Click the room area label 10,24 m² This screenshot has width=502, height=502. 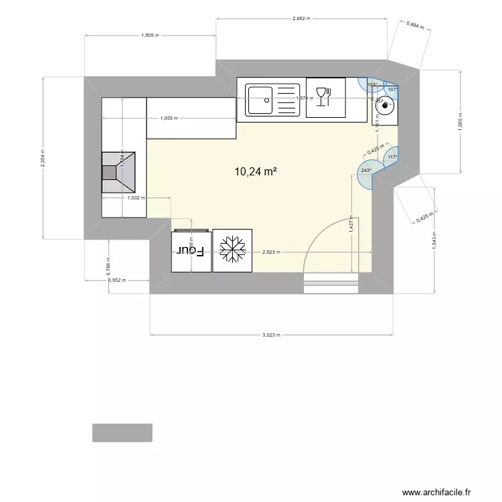256,171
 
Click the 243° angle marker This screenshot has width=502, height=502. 366,171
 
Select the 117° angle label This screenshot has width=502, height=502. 392,157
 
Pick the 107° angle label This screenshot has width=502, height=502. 392,89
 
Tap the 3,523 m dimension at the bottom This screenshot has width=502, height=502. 270,335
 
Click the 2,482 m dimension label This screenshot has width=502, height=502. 302,19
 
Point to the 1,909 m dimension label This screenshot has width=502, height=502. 150,35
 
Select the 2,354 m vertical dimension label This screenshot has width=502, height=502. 43,158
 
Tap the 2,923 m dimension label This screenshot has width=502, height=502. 271,252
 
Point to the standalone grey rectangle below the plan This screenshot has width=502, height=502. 122,432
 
